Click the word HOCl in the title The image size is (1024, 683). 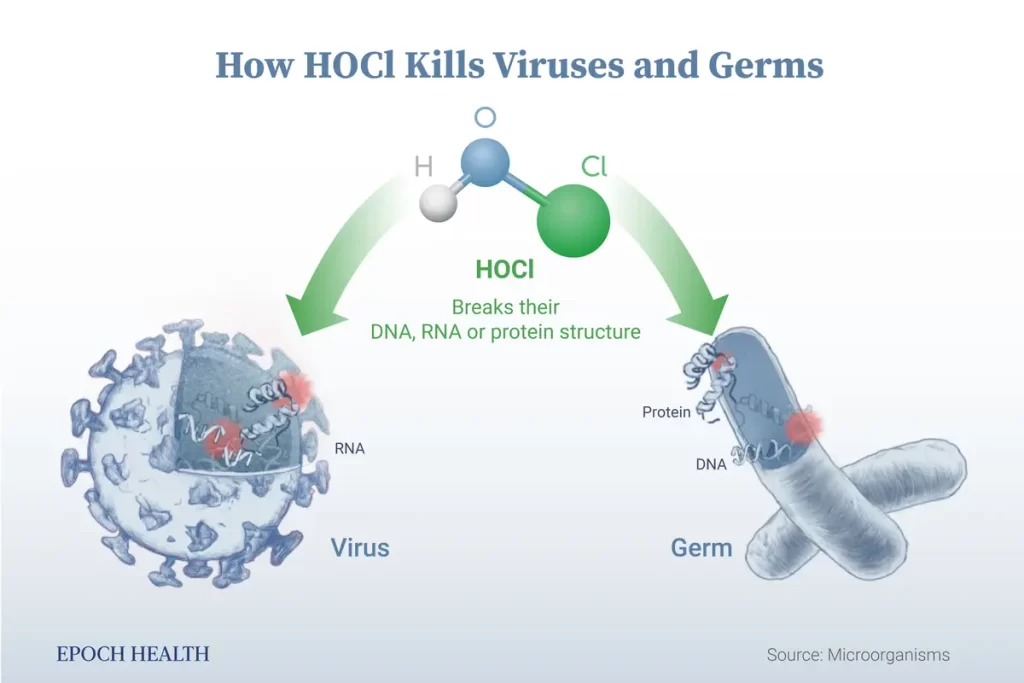tap(349, 65)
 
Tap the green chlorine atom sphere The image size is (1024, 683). tap(573, 220)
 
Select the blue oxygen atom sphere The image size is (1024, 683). tap(485, 161)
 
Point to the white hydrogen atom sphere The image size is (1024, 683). tap(438, 202)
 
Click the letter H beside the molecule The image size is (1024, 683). tap(424, 167)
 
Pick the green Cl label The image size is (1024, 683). tap(594, 167)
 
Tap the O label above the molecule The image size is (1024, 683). tap(485, 118)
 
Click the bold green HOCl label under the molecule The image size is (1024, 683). tap(505, 269)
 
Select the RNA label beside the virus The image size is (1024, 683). tap(349, 449)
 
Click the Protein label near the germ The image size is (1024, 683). tap(666, 412)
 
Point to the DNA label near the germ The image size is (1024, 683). tap(711, 464)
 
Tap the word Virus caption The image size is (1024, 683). tap(360, 548)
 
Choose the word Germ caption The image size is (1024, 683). tap(701, 548)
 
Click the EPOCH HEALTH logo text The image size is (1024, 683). tap(133, 654)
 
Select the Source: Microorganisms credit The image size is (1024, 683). tap(858, 655)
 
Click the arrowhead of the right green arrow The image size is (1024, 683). tap(701, 316)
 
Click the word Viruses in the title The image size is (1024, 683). tap(558, 65)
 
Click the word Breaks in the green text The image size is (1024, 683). tap(477, 307)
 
